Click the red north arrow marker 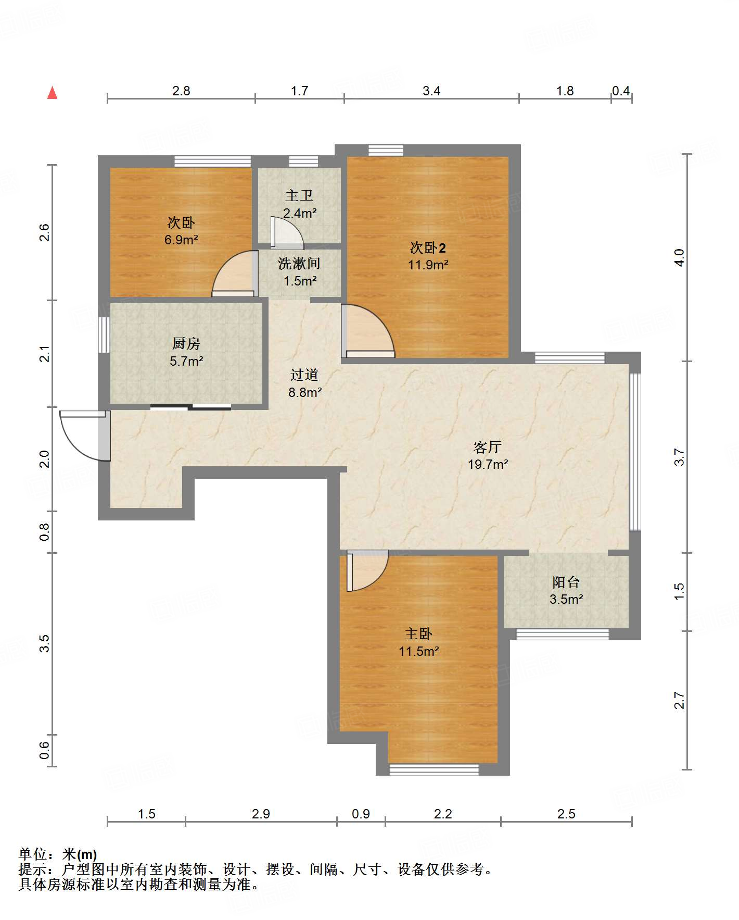(x=52, y=93)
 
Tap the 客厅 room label (x=488, y=447)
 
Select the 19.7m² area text (x=488, y=464)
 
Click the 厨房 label (x=186, y=344)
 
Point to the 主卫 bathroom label (x=299, y=196)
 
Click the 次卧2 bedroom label (x=428, y=247)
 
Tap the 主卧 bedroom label (x=418, y=634)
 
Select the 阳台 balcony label (x=566, y=582)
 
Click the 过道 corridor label (x=304, y=375)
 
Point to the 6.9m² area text (x=181, y=240)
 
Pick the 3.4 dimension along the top (x=431, y=91)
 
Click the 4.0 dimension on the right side (x=679, y=258)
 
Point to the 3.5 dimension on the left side (x=45, y=643)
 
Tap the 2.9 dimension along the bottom (x=261, y=814)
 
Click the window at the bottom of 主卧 (x=434, y=769)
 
